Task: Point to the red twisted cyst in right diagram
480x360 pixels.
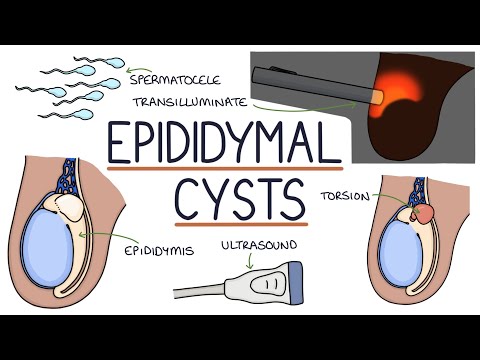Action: [424, 213]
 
